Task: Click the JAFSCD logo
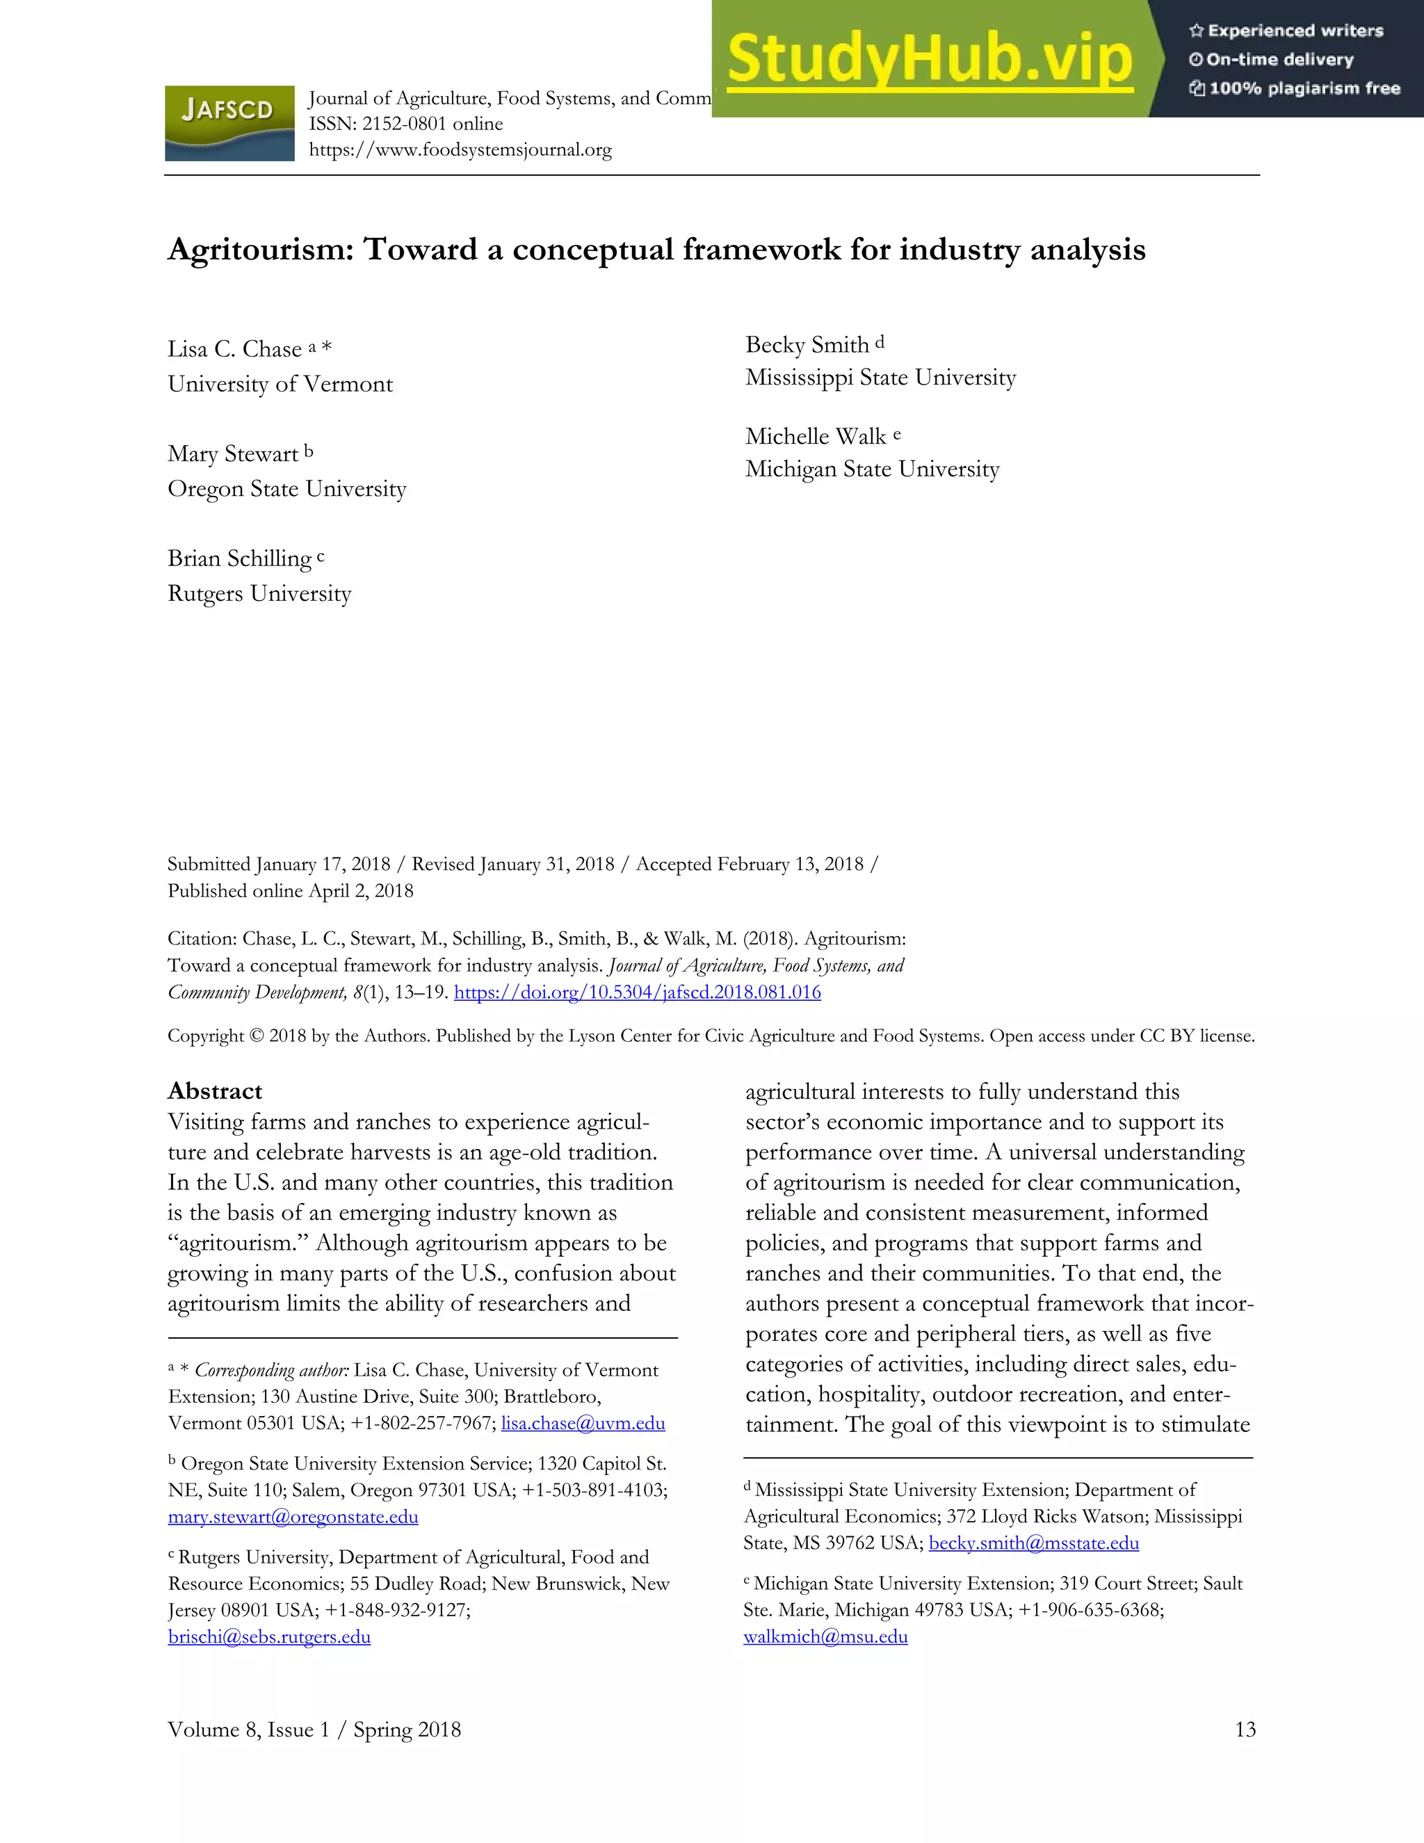(229, 123)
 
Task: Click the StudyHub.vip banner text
(929, 59)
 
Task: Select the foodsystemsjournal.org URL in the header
(460, 150)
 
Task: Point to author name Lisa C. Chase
(234, 349)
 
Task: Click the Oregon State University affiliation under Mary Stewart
(287, 489)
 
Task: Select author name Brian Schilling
(240, 558)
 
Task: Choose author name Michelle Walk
(815, 436)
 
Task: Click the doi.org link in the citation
(637, 992)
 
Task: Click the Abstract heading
(215, 1091)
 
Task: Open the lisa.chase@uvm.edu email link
(583, 1424)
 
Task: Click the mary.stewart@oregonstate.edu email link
(293, 1518)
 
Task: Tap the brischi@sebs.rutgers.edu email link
(269, 1637)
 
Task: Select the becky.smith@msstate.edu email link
(1033, 1543)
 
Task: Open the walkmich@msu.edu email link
(825, 1637)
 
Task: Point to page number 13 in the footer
(1245, 1730)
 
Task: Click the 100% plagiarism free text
(1304, 88)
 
